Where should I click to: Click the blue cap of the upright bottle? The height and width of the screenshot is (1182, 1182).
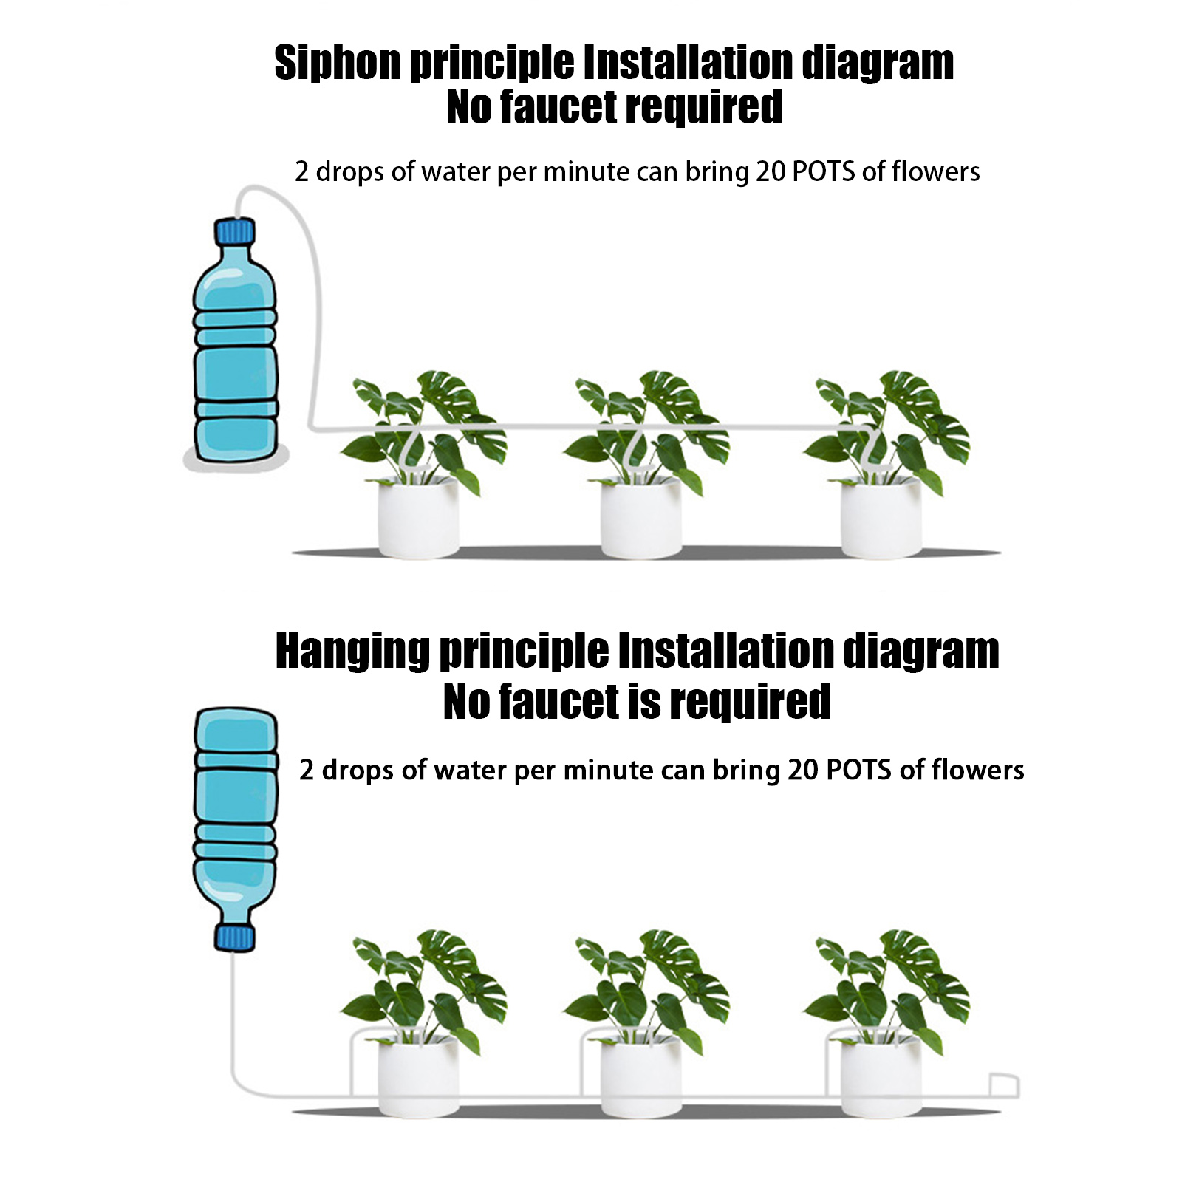coord(234,231)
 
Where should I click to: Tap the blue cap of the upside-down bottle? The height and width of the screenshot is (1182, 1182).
coord(234,938)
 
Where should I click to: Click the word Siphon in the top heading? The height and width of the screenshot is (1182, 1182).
coord(338,64)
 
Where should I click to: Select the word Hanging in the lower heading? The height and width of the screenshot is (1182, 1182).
coord(352,652)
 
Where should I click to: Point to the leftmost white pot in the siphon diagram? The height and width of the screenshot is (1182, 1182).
coord(417,518)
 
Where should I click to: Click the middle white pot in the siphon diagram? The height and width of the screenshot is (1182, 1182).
coord(640,518)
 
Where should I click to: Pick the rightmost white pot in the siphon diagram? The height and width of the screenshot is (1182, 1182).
coord(881,518)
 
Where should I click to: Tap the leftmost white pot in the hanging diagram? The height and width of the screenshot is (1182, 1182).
coord(417,1077)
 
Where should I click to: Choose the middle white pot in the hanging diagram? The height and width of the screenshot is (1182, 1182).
coord(640,1077)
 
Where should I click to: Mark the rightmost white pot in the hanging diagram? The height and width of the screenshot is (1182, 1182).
coord(881,1077)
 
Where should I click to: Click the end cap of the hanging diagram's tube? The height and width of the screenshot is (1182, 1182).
coord(1005,1086)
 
